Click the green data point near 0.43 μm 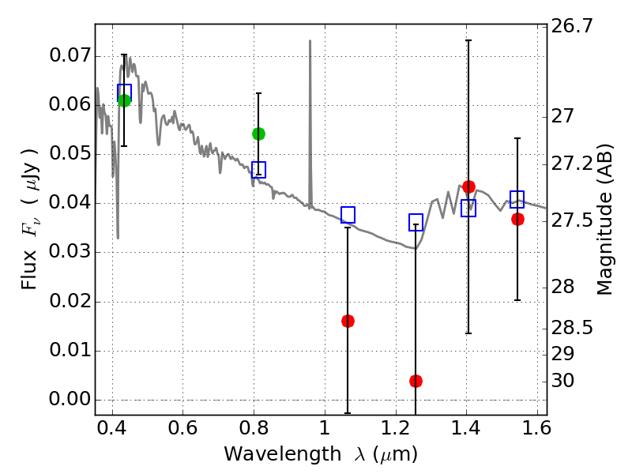[124, 100]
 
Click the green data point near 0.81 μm [258, 134]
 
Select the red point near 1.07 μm [348, 321]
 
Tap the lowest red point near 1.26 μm [416, 381]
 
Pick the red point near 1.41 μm [468, 187]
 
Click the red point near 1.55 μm [517, 219]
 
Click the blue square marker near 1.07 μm [348, 215]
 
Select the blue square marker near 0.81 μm [258, 170]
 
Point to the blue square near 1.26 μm [416, 223]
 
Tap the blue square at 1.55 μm [517, 199]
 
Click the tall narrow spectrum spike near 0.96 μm [310, 47]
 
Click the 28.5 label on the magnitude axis [574, 327]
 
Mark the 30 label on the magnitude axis [565, 381]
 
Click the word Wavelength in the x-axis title [271, 454]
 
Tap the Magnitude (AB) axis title [605, 220]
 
